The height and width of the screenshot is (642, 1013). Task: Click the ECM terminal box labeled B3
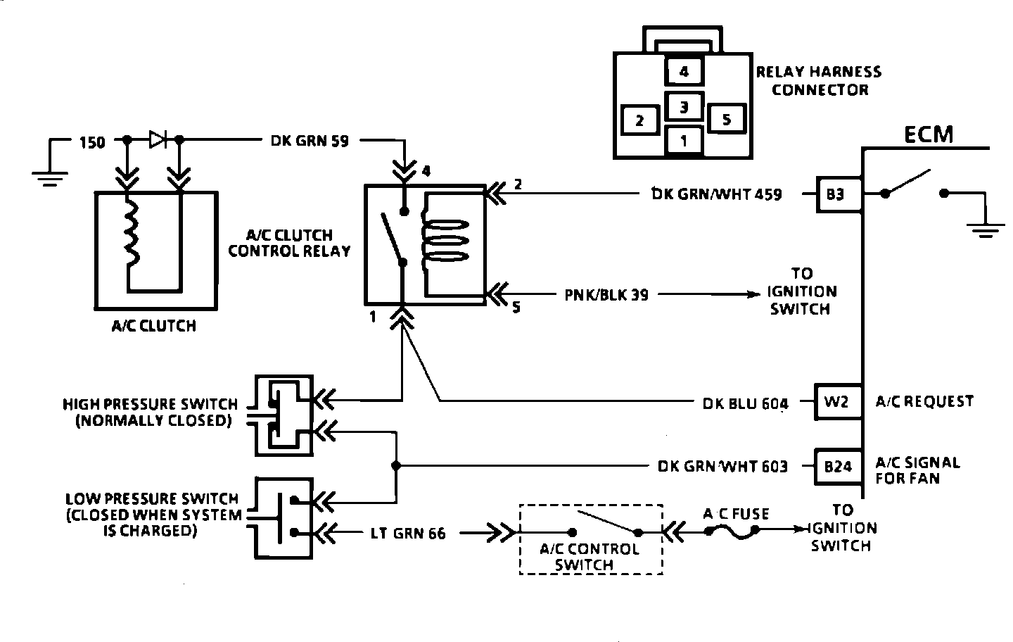[x=839, y=194]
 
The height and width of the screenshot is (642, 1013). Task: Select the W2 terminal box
[x=838, y=402]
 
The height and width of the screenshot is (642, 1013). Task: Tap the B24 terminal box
[x=838, y=467]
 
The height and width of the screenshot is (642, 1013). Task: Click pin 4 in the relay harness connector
[x=684, y=71]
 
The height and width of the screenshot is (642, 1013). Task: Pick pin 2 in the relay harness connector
[x=640, y=120]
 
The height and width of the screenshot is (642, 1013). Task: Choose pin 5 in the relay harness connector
[x=727, y=119]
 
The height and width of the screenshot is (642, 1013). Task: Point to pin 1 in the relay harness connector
[x=684, y=141]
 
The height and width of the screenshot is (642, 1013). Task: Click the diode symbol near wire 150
[x=158, y=139]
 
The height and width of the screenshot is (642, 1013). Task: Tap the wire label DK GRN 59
[x=310, y=141]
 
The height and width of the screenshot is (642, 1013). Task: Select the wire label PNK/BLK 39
[x=606, y=295]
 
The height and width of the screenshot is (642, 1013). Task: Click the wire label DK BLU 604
[x=745, y=403]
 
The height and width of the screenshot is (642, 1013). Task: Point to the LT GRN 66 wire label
[x=408, y=534]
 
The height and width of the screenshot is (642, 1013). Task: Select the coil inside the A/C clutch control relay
[x=445, y=241]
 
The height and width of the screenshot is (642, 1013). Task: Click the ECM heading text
[x=929, y=134]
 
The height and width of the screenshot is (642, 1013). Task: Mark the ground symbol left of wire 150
[x=50, y=179]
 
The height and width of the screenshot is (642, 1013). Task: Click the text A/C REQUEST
[x=924, y=401]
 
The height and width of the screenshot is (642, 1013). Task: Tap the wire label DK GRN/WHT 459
[x=716, y=194]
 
